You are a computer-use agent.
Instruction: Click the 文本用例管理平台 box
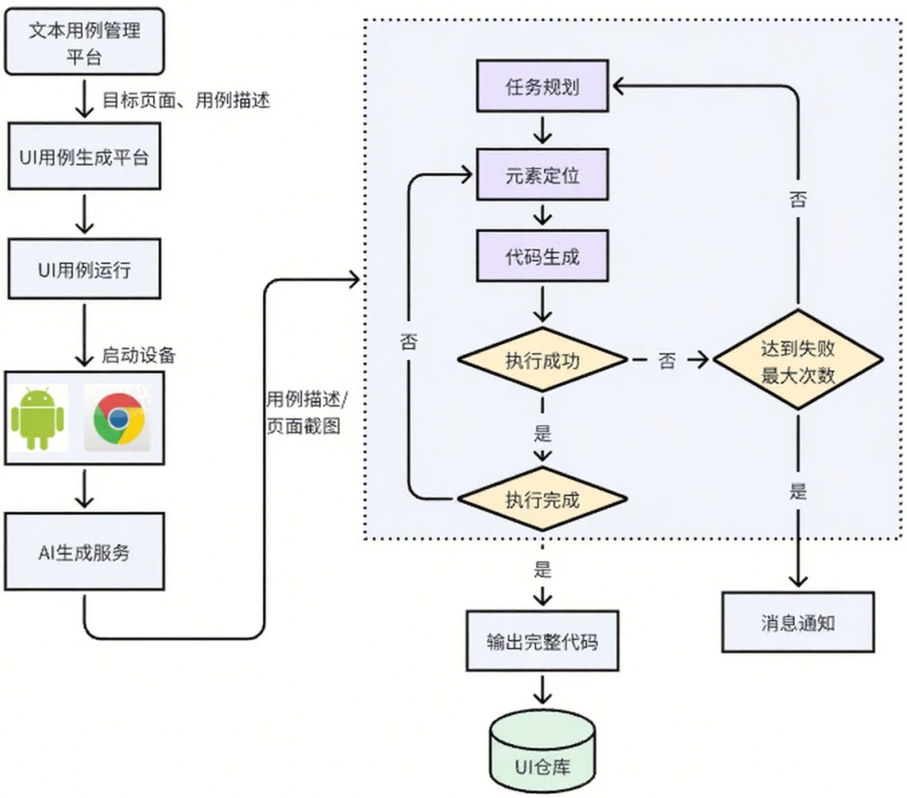[x=85, y=42]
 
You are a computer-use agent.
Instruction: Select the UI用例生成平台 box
[x=85, y=156]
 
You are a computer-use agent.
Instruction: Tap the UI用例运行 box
[x=85, y=269]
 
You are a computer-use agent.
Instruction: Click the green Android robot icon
[x=38, y=418]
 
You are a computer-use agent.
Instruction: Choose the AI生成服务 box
[x=85, y=552]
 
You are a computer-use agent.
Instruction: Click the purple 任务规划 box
[x=542, y=87]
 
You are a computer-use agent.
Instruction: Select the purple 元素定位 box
[x=542, y=175]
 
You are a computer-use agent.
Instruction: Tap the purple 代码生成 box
[x=542, y=256]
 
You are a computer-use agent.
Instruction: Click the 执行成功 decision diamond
[x=542, y=360]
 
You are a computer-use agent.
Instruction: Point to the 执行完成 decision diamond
[x=542, y=499]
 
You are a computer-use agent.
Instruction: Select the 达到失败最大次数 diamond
[x=798, y=360]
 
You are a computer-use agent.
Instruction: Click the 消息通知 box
[x=798, y=622]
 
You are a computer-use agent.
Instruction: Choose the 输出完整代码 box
[x=542, y=641]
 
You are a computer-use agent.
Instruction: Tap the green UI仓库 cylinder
[x=542, y=751]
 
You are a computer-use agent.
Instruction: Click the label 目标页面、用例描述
[x=186, y=100]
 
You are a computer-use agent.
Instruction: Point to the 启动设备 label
[x=139, y=354]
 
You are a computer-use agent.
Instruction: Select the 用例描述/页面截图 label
[x=307, y=412]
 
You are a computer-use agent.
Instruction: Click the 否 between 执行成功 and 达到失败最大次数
[x=667, y=361]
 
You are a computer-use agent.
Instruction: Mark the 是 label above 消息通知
[x=798, y=492]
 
